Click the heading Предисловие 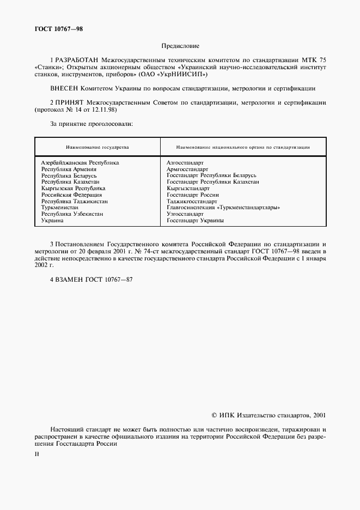pos(180,46)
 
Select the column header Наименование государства pos(97,147)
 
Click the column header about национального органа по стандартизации pos(243,147)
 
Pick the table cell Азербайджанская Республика pos(80,162)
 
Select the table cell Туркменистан pos(60,208)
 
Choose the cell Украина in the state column pos(52,221)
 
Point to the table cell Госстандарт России pos(193,195)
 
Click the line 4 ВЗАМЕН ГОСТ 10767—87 pos(91,279)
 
